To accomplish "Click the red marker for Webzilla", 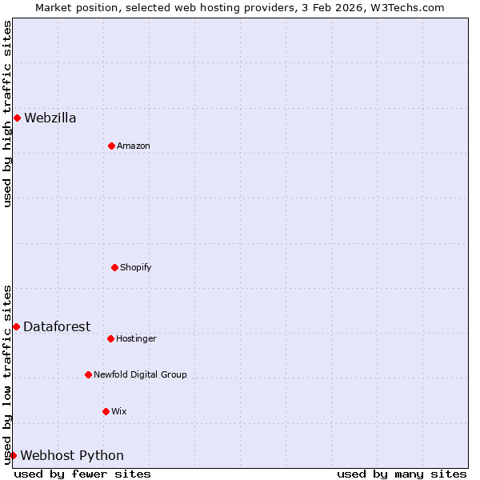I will click(x=17, y=118).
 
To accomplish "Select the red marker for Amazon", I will click(x=111, y=146).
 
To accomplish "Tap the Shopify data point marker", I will click(x=114, y=267).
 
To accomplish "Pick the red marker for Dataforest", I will click(x=16, y=326).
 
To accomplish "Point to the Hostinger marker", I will click(x=110, y=338).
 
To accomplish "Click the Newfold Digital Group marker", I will click(x=88, y=374).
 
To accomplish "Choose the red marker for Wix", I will click(x=106, y=411).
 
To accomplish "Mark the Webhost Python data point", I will click(x=13, y=455).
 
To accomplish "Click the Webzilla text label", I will click(x=50, y=118).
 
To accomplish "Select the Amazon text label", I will click(x=134, y=146).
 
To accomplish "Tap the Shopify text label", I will click(x=136, y=267).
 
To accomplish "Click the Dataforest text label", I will click(x=57, y=326).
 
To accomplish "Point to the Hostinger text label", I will click(x=136, y=338).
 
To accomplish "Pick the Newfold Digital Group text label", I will click(x=140, y=374).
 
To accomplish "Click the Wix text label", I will click(x=119, y=411).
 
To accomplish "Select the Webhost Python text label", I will click(x=72, y=456).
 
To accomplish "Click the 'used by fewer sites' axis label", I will click(x=82, y=474).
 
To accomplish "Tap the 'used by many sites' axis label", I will click(x=402, y=474).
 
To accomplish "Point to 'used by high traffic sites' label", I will click(x=7, y=114).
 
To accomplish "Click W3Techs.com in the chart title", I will click(x=409, y=7).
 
